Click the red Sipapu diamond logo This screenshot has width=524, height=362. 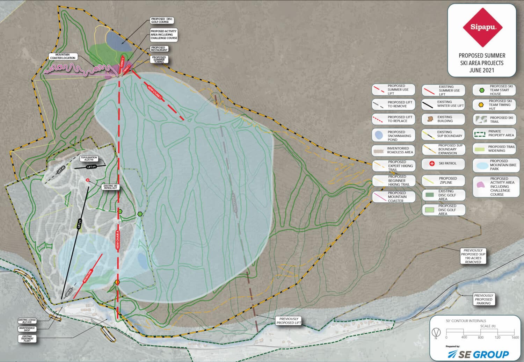[482, 27]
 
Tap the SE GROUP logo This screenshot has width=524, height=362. [478, 354]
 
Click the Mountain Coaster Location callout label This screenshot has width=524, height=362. [63, 56]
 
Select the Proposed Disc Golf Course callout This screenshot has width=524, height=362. [162, 21]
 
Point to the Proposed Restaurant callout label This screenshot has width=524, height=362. [159, 49]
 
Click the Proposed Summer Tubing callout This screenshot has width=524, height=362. [159, 59]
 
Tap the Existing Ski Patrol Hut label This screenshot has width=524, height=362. [110, 187]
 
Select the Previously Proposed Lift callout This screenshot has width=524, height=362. [289, 321]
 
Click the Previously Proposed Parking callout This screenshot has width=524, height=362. [483, 299]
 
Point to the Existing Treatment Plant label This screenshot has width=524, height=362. [27, 338]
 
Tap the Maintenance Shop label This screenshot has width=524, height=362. [27, 329]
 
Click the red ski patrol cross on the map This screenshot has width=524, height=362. [88, 180]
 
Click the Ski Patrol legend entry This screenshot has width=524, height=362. [443, 164]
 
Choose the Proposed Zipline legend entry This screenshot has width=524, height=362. [443, 180]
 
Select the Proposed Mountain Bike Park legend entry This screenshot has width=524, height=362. [496, 165]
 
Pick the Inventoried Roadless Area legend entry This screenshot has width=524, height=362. [393, 150]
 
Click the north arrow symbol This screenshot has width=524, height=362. [436, 331]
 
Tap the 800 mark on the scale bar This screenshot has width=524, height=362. [481, 337]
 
